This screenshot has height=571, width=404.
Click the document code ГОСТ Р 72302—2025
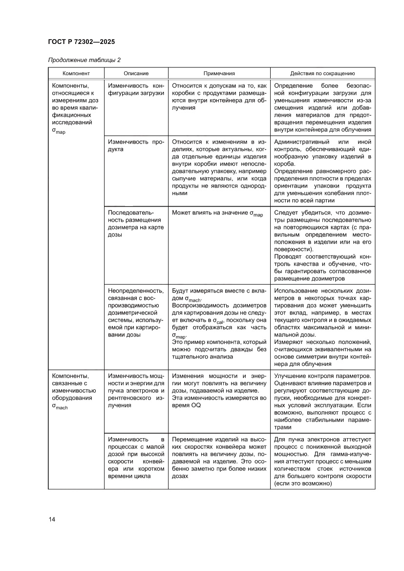point(81,42)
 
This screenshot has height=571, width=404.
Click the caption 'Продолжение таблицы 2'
point(84,61)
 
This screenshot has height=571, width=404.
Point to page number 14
point(52,519)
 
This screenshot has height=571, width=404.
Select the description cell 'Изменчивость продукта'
point(135,146)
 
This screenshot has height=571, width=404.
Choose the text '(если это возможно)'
point(303,484)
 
